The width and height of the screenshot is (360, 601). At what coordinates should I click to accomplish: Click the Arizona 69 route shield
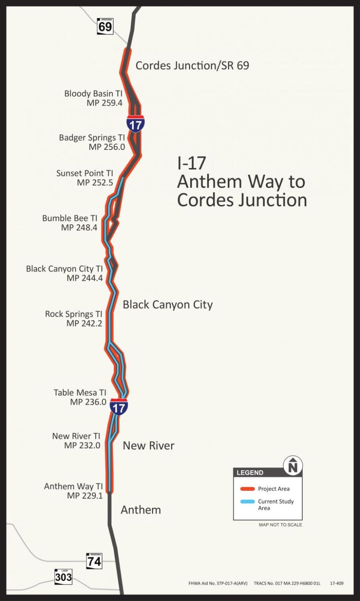[105, 27]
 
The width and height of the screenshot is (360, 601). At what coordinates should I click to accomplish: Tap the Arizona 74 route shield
[94, 561]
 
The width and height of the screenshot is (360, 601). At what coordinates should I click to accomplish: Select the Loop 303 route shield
[63, 576]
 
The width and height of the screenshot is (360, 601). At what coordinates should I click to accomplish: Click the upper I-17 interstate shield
[135, 124]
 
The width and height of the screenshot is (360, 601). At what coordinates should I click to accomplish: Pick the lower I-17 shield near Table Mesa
[119, 407]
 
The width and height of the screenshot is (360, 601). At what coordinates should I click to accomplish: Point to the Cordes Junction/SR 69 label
[192, 66]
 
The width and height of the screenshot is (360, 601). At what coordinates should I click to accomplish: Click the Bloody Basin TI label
[93, 94]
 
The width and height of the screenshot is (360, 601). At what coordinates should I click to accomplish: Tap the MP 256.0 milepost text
[107, 147]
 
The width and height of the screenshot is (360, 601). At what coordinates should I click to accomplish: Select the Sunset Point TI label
[85, 173]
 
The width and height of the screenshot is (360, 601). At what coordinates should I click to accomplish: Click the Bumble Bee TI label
[70, 218]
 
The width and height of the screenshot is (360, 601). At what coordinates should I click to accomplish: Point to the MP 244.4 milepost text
[84, 278]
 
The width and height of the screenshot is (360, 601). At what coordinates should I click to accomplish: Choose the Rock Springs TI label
[74, 314]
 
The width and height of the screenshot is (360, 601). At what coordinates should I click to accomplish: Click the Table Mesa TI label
[80, 393]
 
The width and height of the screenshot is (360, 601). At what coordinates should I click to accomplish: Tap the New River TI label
[76, 436]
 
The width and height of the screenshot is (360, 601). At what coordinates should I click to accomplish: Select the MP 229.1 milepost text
[85, 496]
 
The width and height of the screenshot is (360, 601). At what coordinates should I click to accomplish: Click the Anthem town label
[141, 510]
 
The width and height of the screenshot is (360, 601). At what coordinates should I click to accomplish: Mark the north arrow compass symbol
[293, 466]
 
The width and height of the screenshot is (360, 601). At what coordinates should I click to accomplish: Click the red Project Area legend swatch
[247, 489]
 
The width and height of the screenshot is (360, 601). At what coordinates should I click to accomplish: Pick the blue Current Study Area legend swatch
[247, 502]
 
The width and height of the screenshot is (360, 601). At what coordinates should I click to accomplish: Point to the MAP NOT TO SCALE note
[280, 525]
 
